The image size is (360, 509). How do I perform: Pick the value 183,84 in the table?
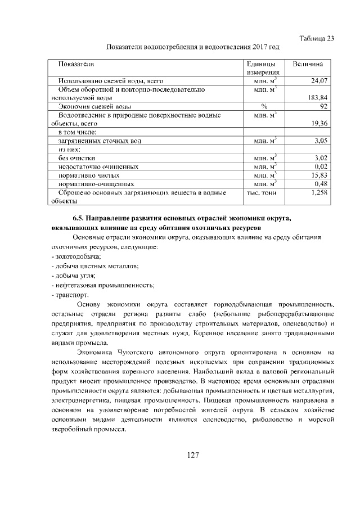(318, 97)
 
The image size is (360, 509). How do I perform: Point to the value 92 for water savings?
(323, 106)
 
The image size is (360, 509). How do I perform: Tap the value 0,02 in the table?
(321, 166)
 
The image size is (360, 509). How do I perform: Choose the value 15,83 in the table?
(319, 175)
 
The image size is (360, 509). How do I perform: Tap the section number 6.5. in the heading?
(80, 217)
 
